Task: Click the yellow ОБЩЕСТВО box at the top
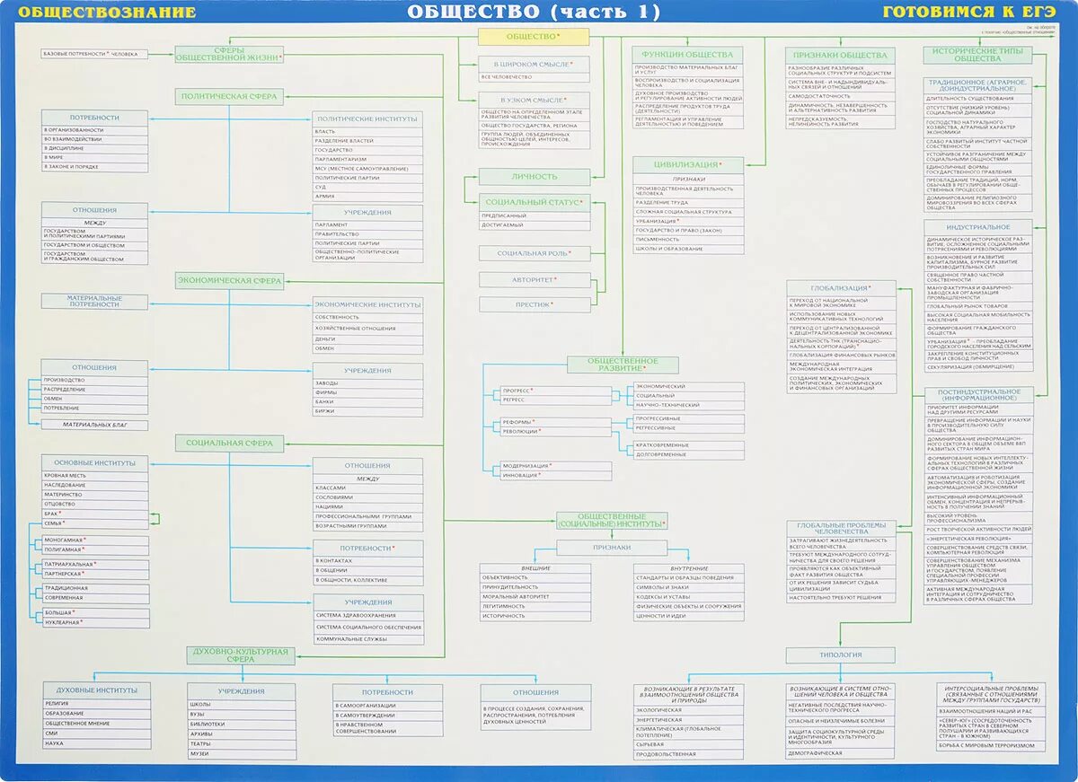pyautogui.click(x=533, y=37)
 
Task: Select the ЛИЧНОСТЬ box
pyautogui.click(x=534, y=177)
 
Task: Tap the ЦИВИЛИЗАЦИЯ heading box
pyautogui.click(x=688, y=165)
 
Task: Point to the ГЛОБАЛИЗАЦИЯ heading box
pyautogui.click(x=841, y=288)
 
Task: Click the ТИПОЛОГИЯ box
pyautogui.click(x=840, y=655)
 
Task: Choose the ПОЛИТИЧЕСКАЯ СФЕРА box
pyautogui.click(x=228, y=96)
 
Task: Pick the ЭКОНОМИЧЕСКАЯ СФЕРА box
pyautogui.click(x=228, y=281)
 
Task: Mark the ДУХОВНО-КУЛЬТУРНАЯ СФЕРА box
pyautogui.click(x=240, y=655)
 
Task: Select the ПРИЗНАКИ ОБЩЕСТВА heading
pyautogui.click(x=841, y=55)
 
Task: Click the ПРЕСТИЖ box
pyautogui.click(x=534, y=305)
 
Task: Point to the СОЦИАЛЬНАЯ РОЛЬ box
pyautogui.click(x=534, y=254)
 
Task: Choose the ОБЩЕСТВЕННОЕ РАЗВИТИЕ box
pyautogui.click(x=623, y=365)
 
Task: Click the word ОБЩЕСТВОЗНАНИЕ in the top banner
pyautogui.click(x=107, y=13)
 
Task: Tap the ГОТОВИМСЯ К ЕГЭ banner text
pyautogui.click(x=968, y=13)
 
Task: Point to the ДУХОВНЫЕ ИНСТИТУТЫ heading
pyautogui.click(x=96, y=690)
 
